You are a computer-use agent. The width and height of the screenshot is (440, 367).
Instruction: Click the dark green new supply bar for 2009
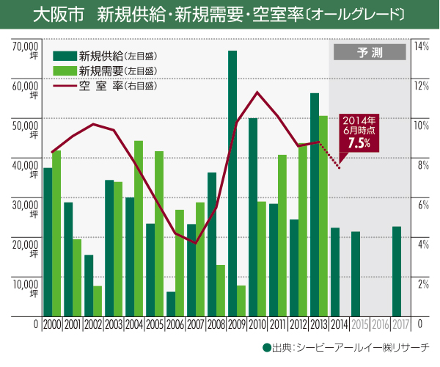232,183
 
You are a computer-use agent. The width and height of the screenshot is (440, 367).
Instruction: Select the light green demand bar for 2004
139,228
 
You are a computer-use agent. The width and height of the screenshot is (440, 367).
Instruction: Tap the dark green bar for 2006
171,304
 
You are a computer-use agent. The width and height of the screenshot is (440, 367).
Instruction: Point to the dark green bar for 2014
335,272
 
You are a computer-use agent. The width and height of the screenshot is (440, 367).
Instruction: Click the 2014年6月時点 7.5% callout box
359,133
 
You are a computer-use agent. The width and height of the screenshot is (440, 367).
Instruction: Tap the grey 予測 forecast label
369,52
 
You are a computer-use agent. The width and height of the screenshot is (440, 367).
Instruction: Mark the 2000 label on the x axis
52,324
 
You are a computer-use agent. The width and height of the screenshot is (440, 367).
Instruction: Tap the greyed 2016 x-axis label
381,324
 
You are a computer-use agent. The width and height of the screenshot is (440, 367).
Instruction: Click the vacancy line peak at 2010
257,92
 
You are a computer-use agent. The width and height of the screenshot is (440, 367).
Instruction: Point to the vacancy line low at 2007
196,243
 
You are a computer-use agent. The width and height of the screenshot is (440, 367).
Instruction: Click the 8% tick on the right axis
422,165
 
